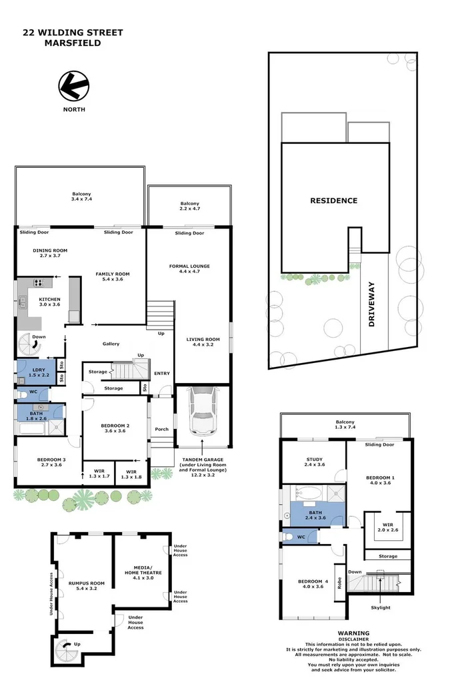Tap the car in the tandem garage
click(x=202, y=412)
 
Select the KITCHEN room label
click(x=49, y=300)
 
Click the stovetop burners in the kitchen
click(x=39, y=282)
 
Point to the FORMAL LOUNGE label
click(x=189, y=266)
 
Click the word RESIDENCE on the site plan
click(x=333, y=200)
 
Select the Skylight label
click(x=381, y=607)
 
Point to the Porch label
click(x=161, y=429)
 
